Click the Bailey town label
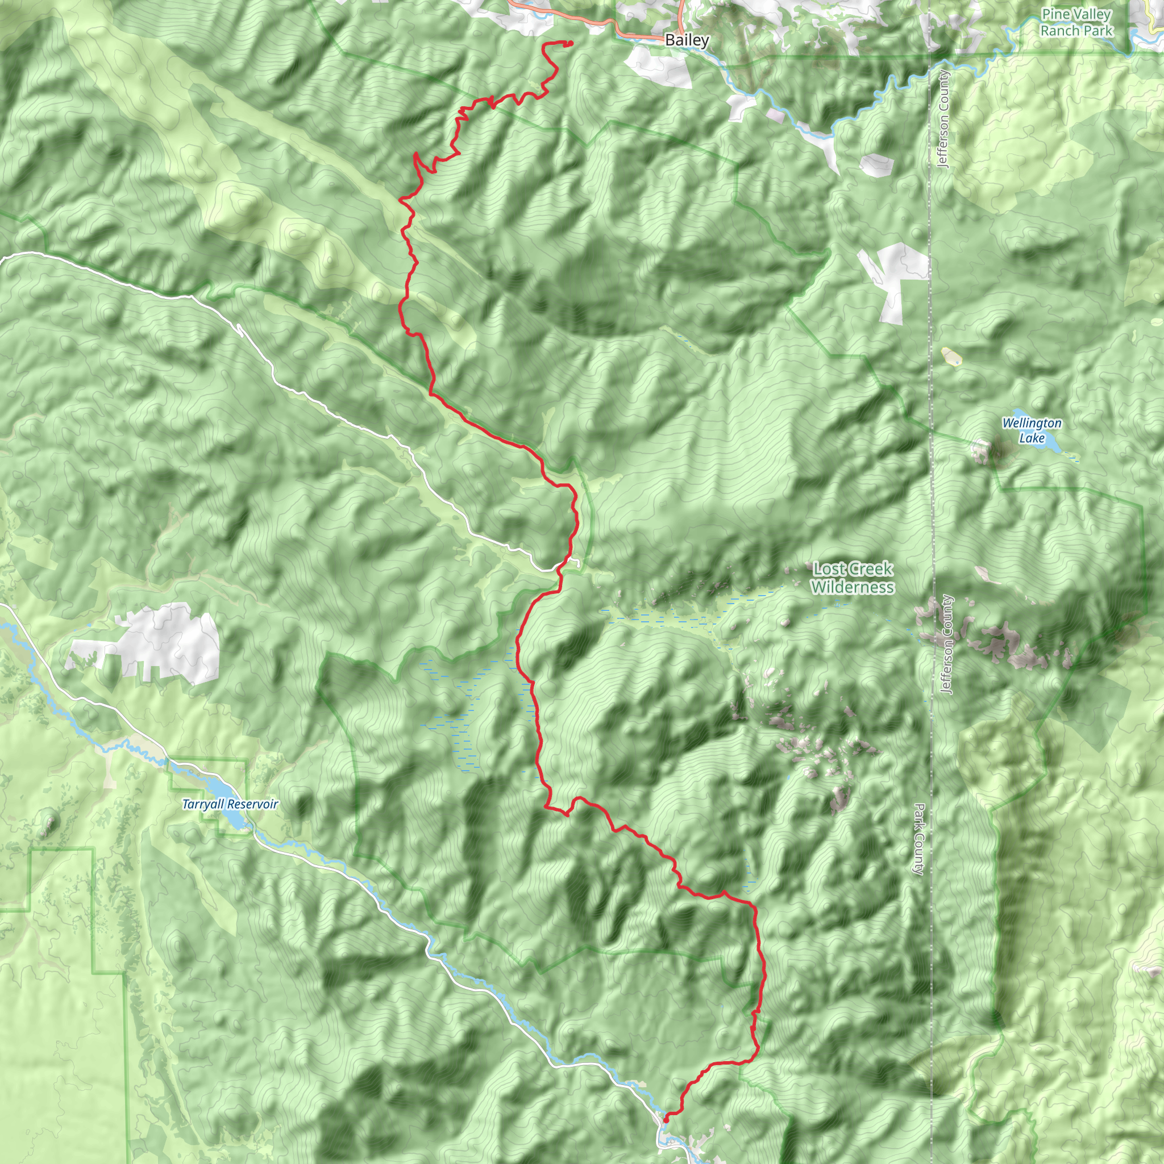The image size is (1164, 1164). point(686,40)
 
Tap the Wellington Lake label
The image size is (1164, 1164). point(1032,430)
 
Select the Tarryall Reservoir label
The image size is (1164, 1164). point(230,804)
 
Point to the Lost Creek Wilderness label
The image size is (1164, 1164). point(853,577)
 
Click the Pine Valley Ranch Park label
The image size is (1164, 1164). point(1076,22)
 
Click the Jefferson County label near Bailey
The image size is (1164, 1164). point(943,119)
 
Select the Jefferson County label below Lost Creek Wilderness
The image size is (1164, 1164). point(947,644)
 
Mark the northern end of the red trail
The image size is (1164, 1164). point(570,42)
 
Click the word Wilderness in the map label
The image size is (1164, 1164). point(853,586)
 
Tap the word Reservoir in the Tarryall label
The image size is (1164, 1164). point(253,804)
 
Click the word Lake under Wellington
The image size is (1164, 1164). point(1032,438)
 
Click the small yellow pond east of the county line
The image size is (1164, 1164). point(950,357)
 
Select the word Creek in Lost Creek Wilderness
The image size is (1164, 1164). point(871,568)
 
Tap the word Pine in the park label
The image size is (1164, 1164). point(1054,14)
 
